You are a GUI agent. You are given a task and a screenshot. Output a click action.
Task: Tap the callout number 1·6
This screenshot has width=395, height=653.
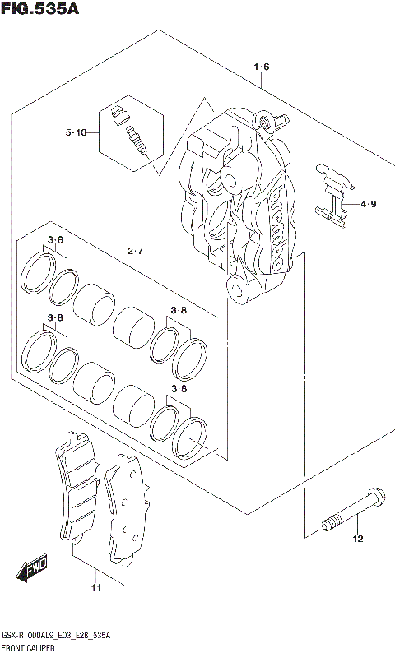(x=262, y=67)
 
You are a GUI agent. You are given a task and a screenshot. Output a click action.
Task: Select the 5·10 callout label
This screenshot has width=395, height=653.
(x=76, y=132)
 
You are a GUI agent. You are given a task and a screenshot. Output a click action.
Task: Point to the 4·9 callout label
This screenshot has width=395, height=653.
(x=368, y=203)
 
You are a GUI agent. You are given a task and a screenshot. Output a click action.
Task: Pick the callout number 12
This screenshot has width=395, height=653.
(x=357, y=540)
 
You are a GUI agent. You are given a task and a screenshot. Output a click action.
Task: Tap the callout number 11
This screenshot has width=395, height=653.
(x=95, y=587)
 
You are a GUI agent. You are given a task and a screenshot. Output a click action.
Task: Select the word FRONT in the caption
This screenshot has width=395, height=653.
(x=13, y=647)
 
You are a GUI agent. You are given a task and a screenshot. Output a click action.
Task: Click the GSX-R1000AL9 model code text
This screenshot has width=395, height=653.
(x=31, y=637)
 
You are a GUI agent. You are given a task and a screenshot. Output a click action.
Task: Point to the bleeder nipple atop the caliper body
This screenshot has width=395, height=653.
(x=265, y=119)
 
